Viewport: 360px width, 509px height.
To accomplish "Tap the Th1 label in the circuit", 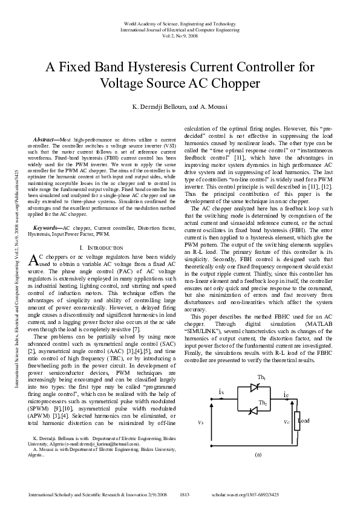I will click(262, 378).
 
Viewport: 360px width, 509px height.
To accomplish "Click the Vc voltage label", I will click(287, 423).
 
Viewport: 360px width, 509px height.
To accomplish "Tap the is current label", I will click(221, 392).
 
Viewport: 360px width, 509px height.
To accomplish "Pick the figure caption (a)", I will click(258, 453).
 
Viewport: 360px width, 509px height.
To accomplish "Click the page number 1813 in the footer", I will click(185, 494).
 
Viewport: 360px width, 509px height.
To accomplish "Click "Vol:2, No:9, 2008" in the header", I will click(180, 35).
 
